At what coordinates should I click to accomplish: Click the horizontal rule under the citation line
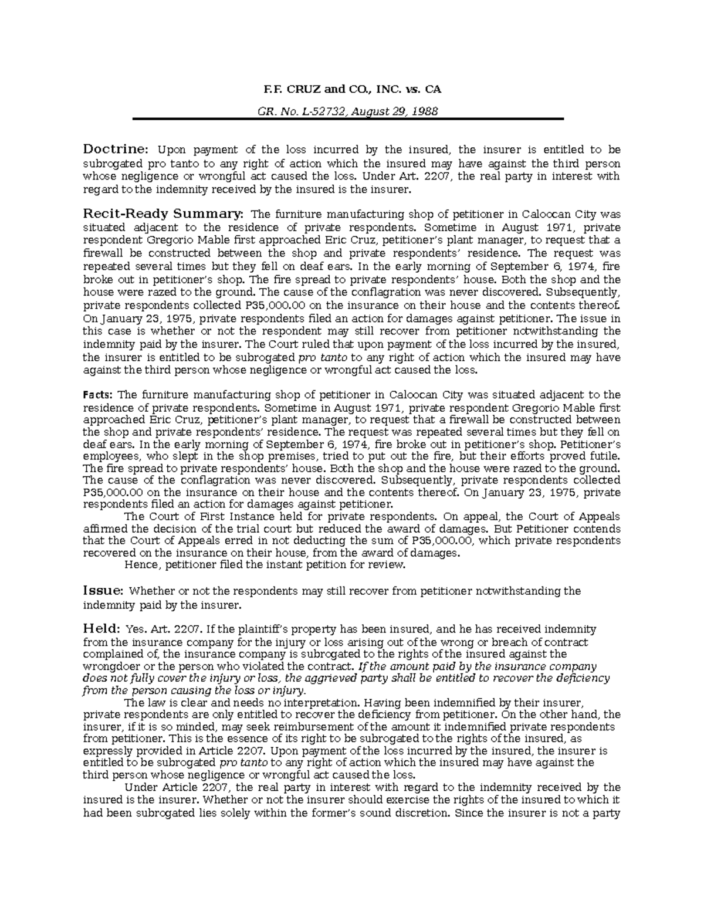click(x=347, y=119)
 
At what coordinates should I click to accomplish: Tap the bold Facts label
click(x=98, y=395)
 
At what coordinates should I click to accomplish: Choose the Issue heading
click(x=103, y=591)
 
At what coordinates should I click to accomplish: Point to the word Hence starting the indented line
click(x=140, y=565)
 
